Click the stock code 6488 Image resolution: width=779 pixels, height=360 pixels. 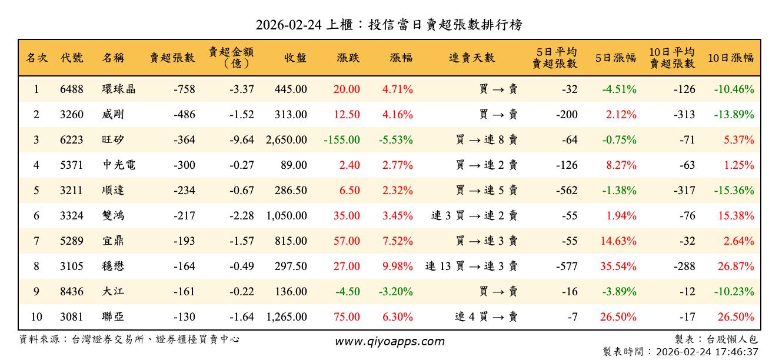[x=72, y=89]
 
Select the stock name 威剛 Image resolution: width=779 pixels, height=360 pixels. [x=113, y=115]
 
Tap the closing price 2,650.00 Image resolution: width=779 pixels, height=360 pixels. [x=287, y=140]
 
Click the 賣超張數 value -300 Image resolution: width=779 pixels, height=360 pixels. [x=184, y=165]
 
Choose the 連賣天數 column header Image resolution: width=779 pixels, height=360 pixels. [x=472, y=58]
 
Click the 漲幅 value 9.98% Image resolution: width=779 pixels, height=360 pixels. [x=398, y=266]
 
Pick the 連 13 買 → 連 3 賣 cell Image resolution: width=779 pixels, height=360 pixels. [x=471, y=266]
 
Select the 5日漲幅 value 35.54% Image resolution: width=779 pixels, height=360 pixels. [x=618, y=266]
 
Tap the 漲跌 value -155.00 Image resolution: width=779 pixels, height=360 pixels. [x=342, y=140]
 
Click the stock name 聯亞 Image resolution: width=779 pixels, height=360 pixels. [x=113, y=317]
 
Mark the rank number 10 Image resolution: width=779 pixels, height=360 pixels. [x=36, y=317]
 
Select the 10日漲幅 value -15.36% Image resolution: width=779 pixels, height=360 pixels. [x=734, y=191]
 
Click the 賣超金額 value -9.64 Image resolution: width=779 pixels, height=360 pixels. [x=242, y=140]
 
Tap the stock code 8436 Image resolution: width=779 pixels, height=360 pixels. [x=72, y=292]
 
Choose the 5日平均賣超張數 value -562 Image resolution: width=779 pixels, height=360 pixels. [x=567, y=191]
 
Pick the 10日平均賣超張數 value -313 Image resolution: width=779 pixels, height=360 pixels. [x=684, y=115]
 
